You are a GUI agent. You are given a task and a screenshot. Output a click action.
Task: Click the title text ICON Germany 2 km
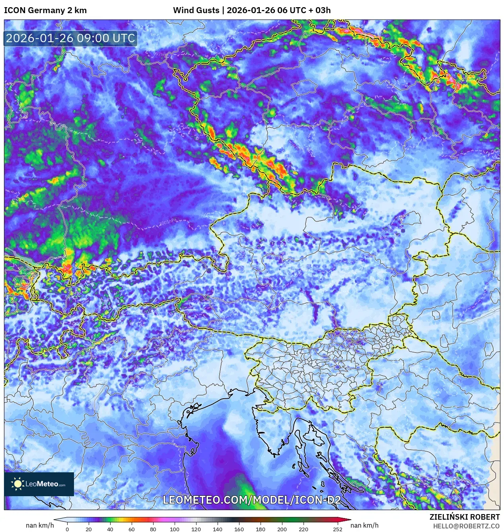point(45,10)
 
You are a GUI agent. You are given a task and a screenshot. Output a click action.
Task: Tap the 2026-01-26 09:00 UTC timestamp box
point(70,38)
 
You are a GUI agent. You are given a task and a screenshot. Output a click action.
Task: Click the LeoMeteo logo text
point(45,484)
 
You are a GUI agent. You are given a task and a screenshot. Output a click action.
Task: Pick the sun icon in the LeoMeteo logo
point(18,484)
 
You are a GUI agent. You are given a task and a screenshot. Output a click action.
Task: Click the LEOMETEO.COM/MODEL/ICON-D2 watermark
point(251,500)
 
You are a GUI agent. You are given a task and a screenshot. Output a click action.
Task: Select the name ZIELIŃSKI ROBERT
point(464,517)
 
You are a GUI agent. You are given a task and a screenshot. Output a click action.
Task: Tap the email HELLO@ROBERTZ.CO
point(466,526)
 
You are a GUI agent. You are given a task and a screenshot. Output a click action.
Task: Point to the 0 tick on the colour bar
point(67,529)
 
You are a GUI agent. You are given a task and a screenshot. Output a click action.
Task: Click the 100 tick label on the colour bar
point(174,529)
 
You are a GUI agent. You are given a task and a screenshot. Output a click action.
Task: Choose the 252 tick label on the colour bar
point(337,529)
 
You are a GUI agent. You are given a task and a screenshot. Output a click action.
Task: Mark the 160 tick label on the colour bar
point(239,529)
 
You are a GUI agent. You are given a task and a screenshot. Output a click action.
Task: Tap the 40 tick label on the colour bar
point(110,529)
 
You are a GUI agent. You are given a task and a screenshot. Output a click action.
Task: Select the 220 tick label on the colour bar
point(303,529)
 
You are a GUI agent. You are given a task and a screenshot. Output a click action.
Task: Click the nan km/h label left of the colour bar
point(40,525)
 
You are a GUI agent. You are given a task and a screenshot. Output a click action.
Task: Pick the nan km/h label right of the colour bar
point(364,525)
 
